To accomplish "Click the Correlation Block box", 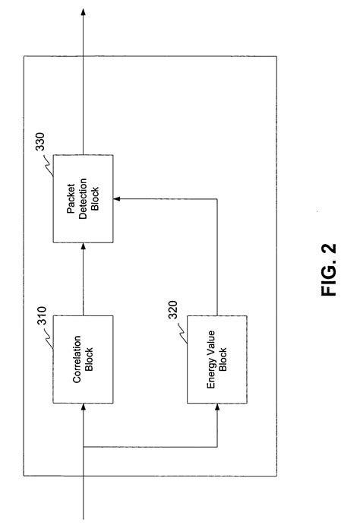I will click(x=83, y=359).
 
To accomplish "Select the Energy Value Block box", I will click(x=217, y=359).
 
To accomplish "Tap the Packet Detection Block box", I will click(x=83, y=199).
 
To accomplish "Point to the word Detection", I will click(x=83, y=199).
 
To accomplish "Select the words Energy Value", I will click(x=213, y=359).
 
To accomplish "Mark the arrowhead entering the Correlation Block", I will click(x=83, y=408).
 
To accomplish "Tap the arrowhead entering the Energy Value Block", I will click(x=217, y=408).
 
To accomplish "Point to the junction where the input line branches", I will click(x=83, y=446).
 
